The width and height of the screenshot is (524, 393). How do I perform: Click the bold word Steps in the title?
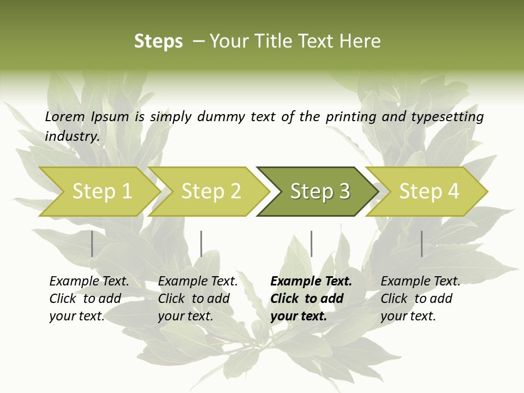[x=158, y=41]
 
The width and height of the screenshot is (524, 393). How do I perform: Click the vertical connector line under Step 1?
[x=92, y=243]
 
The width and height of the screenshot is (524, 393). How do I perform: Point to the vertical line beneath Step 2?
[x=201, y=243]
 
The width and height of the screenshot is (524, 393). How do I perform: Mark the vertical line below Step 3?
[x=311, y=243]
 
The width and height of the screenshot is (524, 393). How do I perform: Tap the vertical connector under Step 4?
[x=422, y=243]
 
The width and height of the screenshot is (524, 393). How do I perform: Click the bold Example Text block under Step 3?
[x=311, y=299]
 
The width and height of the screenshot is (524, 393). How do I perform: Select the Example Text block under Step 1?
[x=89, y=299]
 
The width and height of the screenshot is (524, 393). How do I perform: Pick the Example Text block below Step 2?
[x=198, y=299]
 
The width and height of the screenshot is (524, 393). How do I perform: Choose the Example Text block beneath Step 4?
[x=420, y=299]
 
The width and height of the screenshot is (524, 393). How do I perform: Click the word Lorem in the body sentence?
[x=65, y=117]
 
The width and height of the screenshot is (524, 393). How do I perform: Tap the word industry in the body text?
[x=72, y=136]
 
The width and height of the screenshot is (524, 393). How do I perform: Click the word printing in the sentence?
[x=351, y=117]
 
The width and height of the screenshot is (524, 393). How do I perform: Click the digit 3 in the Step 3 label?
[x=344, y=192]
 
